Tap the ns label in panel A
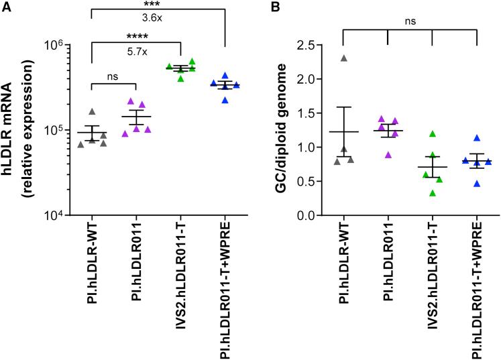coord(114,77)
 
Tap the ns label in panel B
coord(410,21)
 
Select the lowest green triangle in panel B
coord(433,194)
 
